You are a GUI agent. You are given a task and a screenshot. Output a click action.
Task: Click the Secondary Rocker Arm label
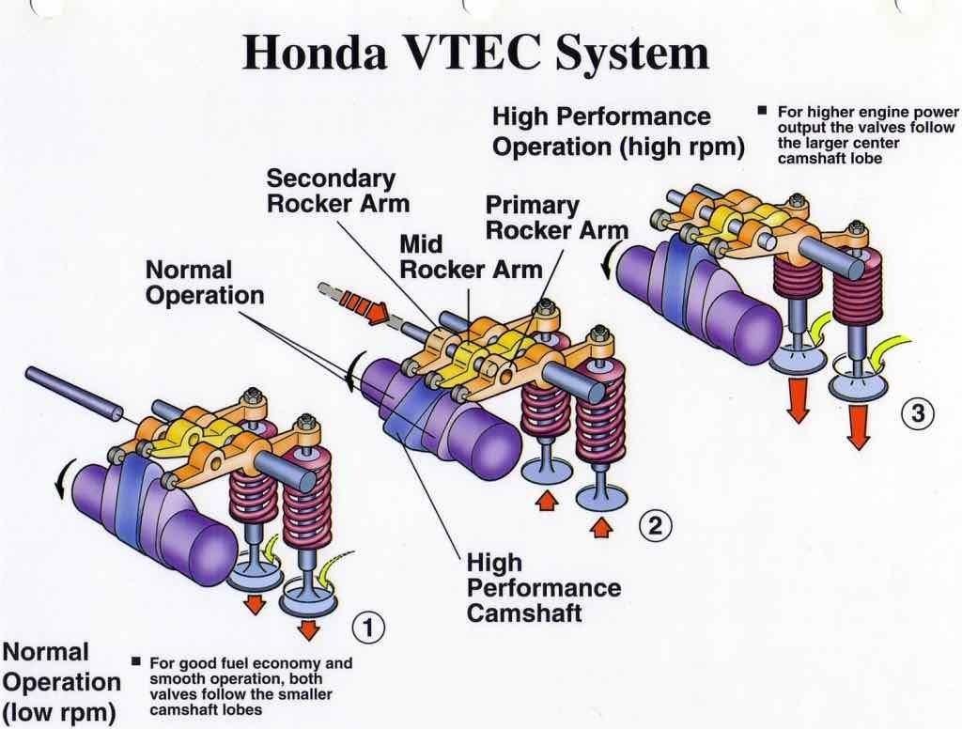331,190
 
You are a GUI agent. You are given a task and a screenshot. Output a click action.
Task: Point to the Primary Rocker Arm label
556,217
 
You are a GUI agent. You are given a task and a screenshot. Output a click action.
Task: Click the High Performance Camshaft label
543,588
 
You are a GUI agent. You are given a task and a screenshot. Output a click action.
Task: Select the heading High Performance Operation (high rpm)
617,132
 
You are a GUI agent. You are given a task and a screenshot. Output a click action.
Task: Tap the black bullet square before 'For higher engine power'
764,112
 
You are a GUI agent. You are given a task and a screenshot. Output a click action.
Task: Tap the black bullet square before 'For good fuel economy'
136,662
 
